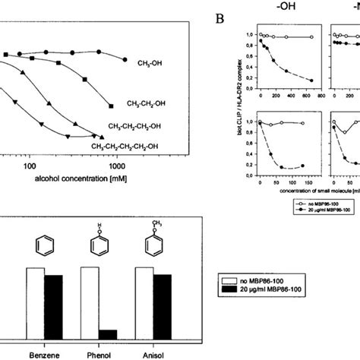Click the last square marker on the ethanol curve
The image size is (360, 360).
[112, 105]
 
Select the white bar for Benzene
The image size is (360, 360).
[35, 305]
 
